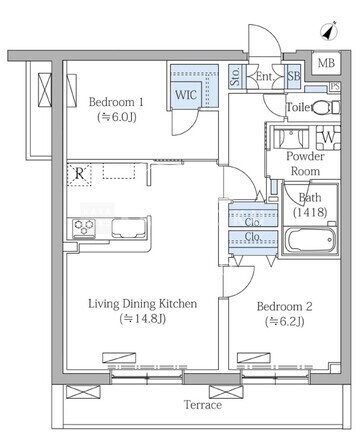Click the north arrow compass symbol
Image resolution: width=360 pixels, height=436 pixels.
(329, 32)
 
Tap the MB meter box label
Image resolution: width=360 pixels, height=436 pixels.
(326, 63)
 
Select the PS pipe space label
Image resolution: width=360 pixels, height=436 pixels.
(335, 86)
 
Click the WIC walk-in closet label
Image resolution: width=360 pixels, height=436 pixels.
(186, 95)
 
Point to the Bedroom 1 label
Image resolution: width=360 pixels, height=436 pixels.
(116, 102)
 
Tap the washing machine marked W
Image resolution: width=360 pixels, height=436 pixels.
(328, 137)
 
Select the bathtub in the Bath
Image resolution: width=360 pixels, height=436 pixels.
(311, 240)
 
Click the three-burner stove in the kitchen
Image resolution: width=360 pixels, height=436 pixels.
(84, 228)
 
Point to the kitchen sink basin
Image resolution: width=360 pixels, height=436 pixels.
(128, 228)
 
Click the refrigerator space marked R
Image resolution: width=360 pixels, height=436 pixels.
(79, 174)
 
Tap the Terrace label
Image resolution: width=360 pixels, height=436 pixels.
(203, 405)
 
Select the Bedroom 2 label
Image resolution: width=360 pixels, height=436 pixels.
(284, 306)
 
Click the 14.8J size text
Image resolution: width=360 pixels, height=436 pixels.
(142, 319)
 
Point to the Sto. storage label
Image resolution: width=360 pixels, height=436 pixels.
(235, 76)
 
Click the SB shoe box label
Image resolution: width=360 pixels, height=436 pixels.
(294, 76)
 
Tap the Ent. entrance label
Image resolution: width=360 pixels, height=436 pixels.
(264, 77)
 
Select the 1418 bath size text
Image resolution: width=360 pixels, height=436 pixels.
(310, 212)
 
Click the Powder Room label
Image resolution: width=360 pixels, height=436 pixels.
(305, 164)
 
